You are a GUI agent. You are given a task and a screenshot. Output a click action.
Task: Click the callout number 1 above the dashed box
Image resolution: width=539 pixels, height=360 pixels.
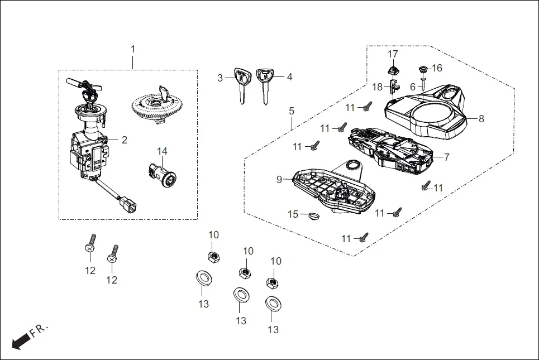pos(133,49)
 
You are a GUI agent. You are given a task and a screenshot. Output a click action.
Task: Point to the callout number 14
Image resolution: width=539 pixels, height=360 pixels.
pos(162,151)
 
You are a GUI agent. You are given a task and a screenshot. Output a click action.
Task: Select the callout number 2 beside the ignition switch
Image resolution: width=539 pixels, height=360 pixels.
pos(124,140)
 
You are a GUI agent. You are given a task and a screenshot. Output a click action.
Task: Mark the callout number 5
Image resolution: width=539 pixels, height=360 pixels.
pos(292,111)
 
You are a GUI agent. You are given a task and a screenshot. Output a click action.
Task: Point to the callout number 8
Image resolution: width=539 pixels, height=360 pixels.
pos(481,118)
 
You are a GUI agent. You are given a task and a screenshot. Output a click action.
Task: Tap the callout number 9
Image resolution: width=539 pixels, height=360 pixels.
pos(279,179)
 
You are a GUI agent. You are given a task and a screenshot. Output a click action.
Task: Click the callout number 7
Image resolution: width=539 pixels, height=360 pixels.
pos(446,157)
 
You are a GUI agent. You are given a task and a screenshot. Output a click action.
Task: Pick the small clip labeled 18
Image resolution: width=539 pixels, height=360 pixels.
pos(394,87)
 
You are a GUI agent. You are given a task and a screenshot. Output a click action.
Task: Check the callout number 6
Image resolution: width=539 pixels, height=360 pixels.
pos(413,87)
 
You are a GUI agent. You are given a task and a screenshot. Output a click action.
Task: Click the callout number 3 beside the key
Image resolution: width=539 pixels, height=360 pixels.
pos(220,78)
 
